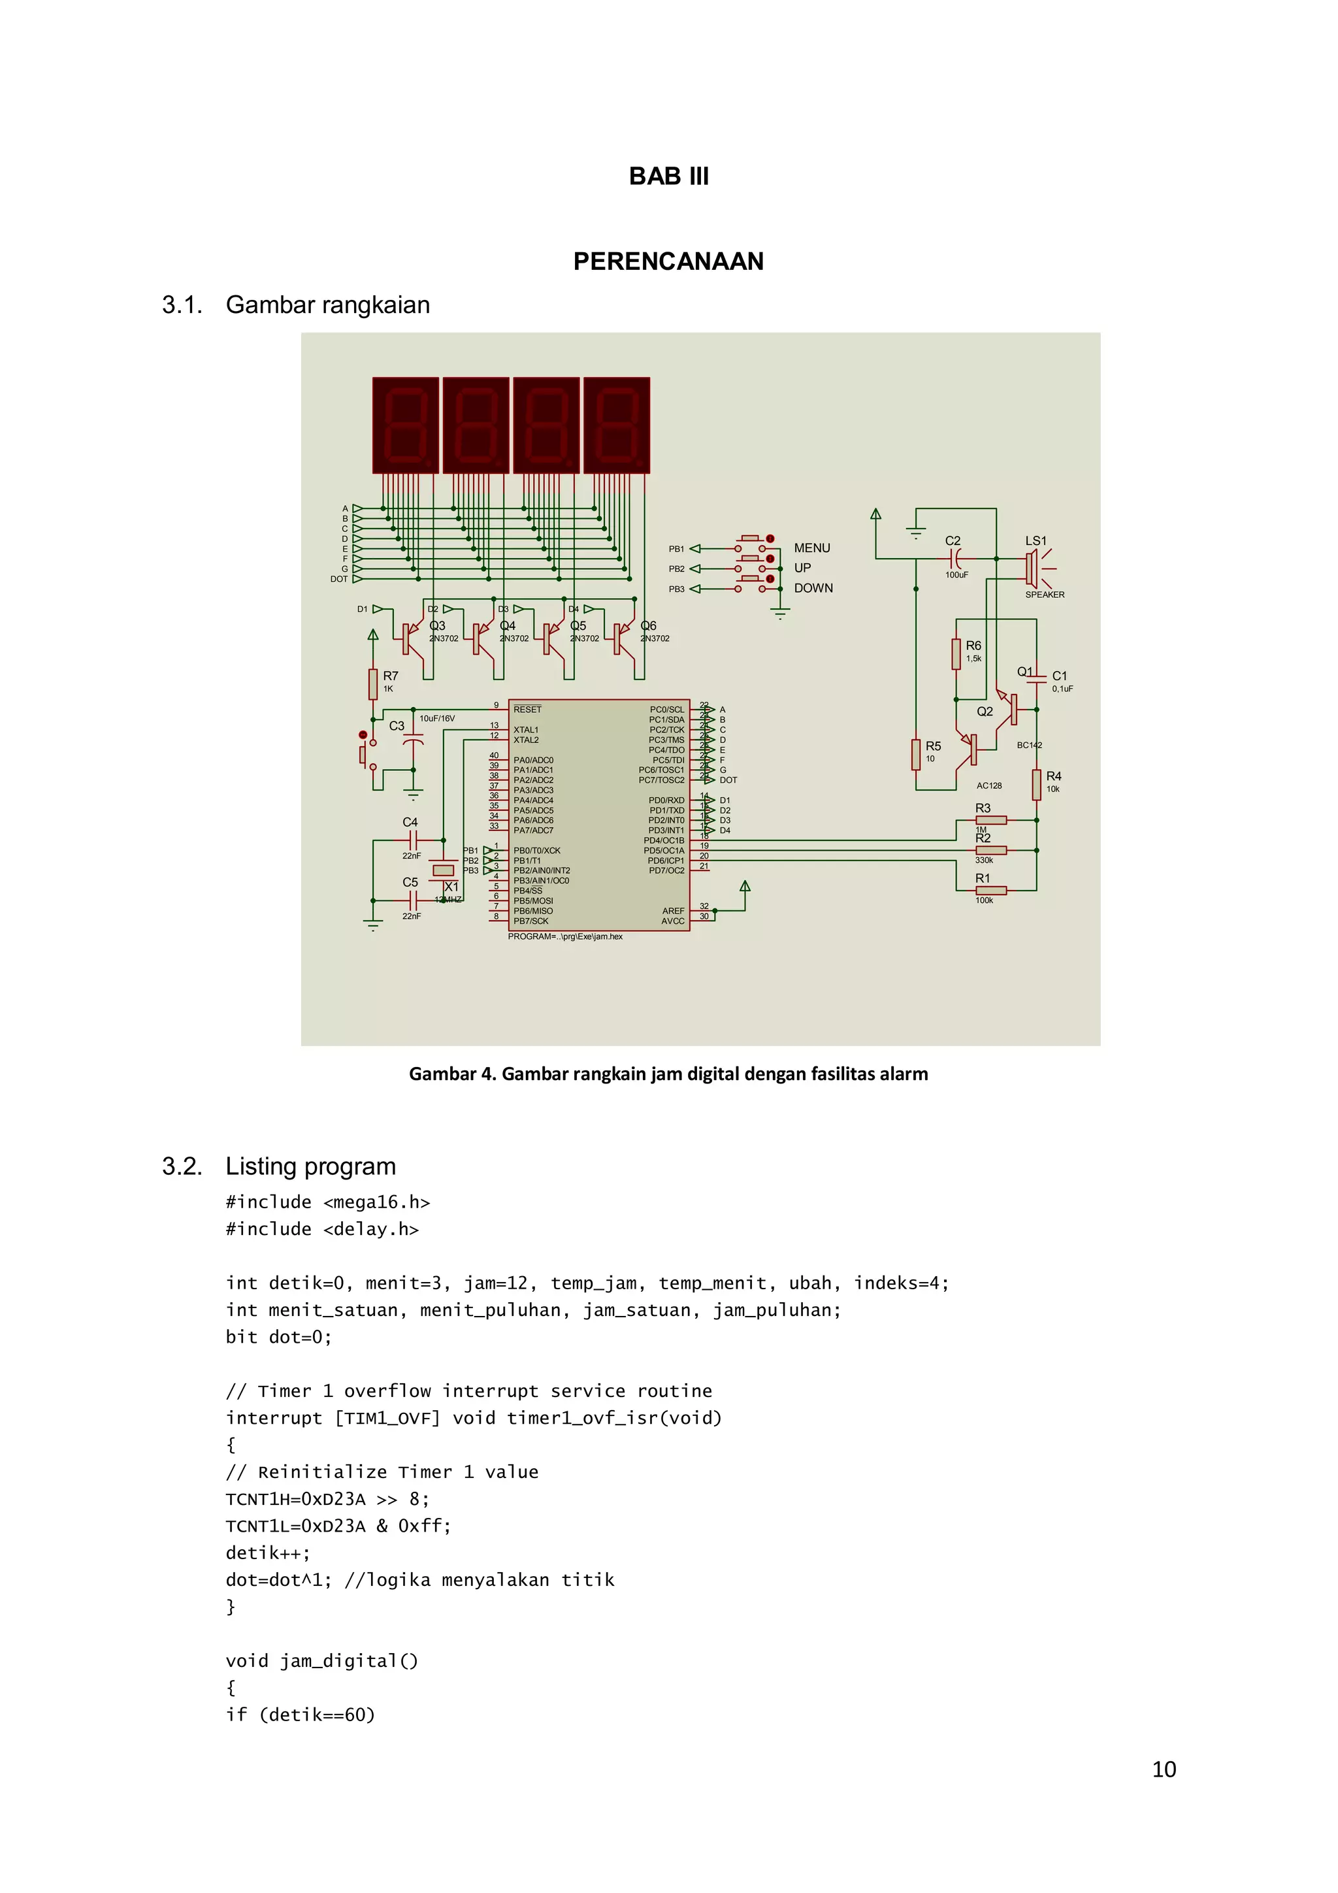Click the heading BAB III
[668, 176]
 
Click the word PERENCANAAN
[668, 261]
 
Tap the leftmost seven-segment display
[405, 425]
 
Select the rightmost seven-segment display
[617, 425]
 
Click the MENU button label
[811, 548]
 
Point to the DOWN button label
[813, 588]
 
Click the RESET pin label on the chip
[528, 709]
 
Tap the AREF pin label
[673, 911]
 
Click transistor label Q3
[437, 626]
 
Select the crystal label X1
[451, 886]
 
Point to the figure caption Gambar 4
[668, 1074]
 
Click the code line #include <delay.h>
[322, 1229]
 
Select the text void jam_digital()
[322, 1660]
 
